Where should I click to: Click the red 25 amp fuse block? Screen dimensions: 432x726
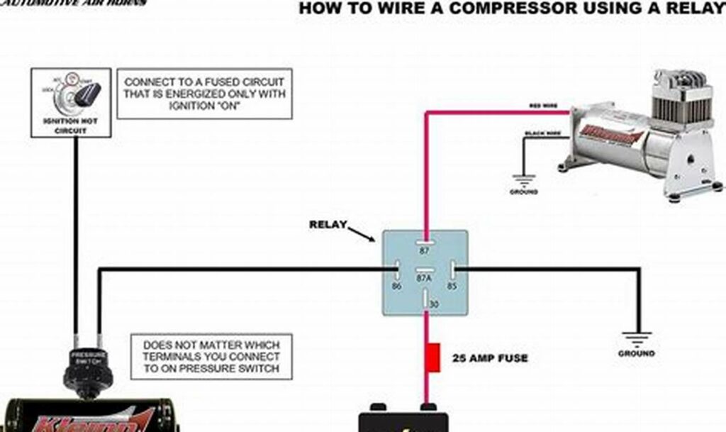click(x=433, y=357)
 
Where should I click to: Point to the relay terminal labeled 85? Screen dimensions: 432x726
click(x=454, y=270)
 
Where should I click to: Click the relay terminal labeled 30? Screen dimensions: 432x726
click(x=425, y=301)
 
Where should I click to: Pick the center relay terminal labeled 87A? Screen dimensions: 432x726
click(x=425, y=270)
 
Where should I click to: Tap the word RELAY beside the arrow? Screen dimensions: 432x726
click(x=328, y=225)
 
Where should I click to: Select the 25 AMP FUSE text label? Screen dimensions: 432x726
click(x=490, y=358)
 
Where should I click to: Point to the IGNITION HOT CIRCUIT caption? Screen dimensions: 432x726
click(x=71, y=126)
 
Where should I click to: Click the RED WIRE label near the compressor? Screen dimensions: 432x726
click(x=543, y=106)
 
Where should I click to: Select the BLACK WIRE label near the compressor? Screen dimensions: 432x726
click(x=542, y=133)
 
